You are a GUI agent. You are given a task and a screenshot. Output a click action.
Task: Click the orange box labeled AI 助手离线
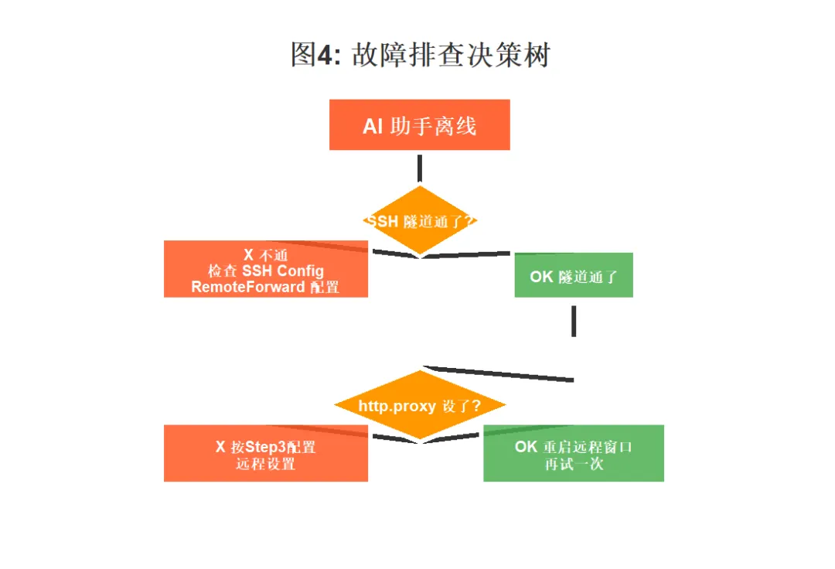coord(419,124)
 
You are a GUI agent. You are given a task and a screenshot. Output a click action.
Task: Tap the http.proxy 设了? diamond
coord(419,406)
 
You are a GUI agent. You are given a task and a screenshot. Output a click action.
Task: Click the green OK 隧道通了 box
coord(574,275)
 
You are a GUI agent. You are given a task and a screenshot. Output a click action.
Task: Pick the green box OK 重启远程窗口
coord(574,454)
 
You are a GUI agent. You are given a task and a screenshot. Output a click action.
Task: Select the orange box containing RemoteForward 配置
coord(265,270)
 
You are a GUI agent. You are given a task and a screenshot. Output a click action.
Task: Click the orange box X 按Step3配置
coord(265,454)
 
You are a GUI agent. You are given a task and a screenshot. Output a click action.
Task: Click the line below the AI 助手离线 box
coord(419,168)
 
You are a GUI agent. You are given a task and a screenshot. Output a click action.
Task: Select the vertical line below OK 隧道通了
coord(574,321)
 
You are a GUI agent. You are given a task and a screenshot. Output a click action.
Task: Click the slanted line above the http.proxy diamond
coord(499,373)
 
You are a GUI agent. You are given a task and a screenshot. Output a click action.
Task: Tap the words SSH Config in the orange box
coord(282,271)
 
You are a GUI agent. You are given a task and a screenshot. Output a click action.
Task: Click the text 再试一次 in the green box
coord(574,465)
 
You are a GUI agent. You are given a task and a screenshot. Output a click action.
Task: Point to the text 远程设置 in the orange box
coord(265,465)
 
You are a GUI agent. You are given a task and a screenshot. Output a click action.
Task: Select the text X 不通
coord(265,254)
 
